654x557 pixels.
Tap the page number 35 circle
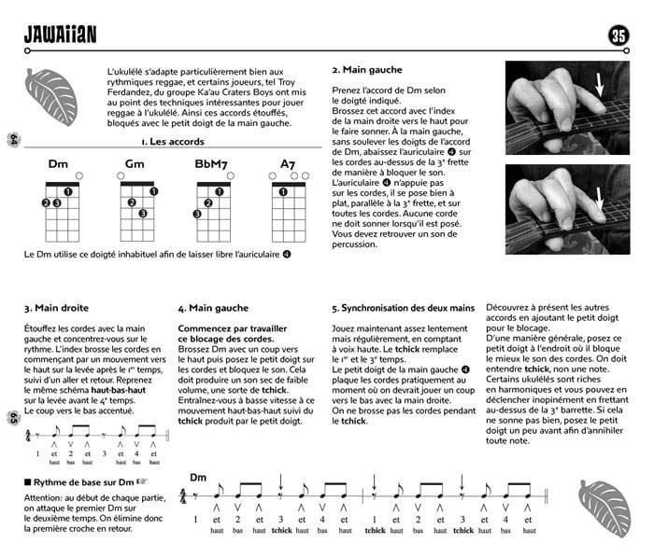pos(618,35)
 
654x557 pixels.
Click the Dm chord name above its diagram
pos(58,164)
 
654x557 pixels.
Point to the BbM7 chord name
pos(210,164)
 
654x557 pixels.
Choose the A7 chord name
pos(288,164)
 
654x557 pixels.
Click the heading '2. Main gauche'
pos(367,70)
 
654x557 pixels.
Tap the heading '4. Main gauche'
pos(213,307)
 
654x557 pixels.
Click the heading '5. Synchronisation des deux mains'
pos(403,307)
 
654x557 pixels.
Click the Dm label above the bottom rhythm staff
pos(198,478)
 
